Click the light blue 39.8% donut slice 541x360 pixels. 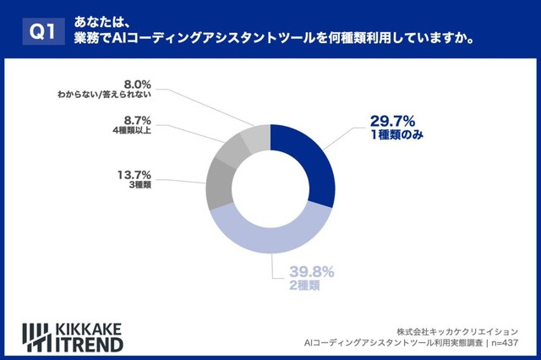(270, 237)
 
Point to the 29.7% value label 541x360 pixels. (394, 119)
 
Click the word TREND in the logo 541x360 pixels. (89, 344)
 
